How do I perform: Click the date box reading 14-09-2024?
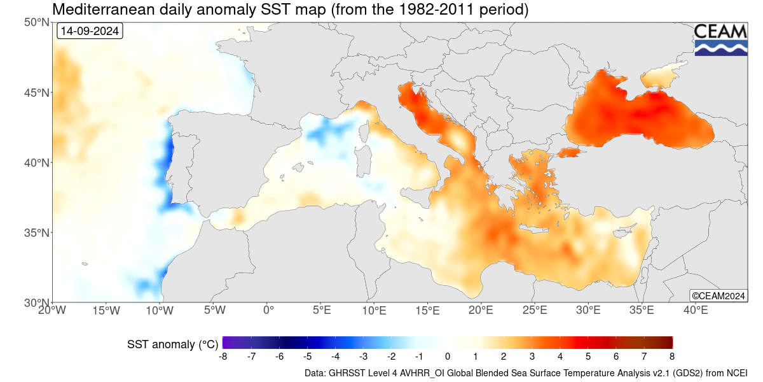point(90,31)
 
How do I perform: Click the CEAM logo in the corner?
point(720,39)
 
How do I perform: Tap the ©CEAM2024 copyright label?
point(718,295)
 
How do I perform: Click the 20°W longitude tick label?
point(52,311)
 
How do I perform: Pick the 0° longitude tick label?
point(268,311)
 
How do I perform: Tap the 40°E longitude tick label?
point(696,311)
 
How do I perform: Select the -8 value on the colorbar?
point(223,357)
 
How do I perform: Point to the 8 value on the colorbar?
point(671,357)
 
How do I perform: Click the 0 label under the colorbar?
point(448,357)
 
